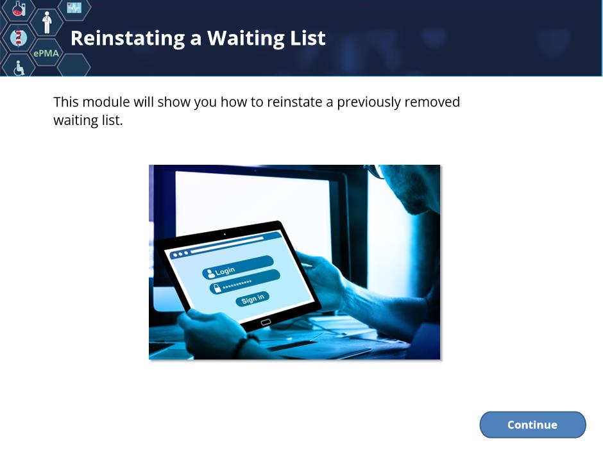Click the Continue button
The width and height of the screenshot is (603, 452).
532,424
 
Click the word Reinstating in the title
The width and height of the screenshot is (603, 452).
128,39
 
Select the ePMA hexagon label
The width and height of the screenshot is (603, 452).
46,53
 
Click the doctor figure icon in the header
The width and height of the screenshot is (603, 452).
47,22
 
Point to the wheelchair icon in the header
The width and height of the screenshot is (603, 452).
19,68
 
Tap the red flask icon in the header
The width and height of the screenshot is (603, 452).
18,8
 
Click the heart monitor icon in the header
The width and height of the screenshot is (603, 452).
74,7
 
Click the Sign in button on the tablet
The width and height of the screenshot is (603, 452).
253,299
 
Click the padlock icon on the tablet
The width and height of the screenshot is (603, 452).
217,288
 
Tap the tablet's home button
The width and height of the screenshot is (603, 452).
266,322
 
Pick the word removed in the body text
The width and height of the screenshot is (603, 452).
432,102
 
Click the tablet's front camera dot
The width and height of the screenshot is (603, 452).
225,234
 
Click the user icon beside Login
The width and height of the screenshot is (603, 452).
211,273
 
